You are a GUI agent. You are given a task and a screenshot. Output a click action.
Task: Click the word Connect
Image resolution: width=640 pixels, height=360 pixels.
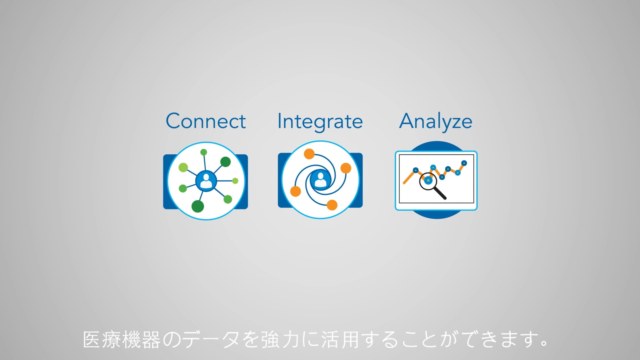click(206, 121)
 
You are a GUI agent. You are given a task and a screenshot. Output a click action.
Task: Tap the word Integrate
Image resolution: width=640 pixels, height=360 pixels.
click(320, 122)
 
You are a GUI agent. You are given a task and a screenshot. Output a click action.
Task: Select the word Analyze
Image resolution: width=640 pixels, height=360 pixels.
click(435, 122)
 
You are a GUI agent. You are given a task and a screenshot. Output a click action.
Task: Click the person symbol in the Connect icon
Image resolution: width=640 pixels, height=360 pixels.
click(206, 181)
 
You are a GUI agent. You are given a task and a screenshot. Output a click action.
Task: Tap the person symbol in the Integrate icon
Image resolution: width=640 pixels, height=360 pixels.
click(320, 180)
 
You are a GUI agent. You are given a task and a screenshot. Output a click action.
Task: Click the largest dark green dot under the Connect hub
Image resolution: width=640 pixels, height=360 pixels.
click(198, 206)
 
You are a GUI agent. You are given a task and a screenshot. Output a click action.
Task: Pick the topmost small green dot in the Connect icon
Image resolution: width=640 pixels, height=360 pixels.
click(203, 152)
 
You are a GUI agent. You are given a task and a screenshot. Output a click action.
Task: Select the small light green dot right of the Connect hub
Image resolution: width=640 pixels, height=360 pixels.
click(235, 181)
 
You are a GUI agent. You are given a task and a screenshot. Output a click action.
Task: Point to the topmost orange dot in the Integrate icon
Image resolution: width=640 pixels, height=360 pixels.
click(309, 154)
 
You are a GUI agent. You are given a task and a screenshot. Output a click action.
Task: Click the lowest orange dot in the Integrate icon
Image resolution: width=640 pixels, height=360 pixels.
click(332, 205)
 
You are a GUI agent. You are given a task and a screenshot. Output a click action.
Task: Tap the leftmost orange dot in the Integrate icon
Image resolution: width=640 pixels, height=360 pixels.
click(295, 191)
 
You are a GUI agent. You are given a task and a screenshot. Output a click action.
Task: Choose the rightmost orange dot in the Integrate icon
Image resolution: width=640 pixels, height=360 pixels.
click(346, 168)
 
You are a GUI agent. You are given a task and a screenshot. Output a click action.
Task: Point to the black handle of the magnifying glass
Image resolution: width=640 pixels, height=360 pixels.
click(440, 193)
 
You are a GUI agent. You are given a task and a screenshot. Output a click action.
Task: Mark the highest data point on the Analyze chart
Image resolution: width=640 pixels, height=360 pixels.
click(464, 163)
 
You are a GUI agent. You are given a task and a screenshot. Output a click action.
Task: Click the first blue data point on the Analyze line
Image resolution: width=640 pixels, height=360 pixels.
click(416, 170)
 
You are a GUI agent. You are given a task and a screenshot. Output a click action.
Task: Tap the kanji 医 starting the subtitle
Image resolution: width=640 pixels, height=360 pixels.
click(91, 339)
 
